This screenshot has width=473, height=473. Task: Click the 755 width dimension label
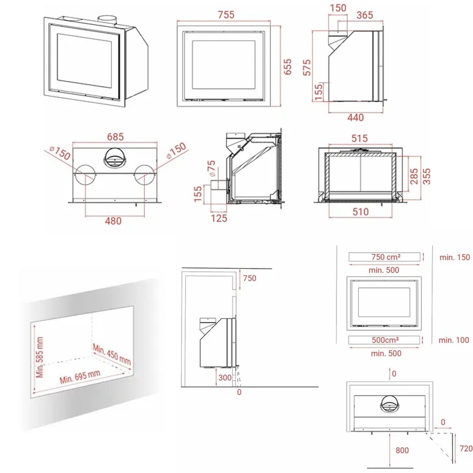point(226,15)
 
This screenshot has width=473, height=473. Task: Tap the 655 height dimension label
point(287,67)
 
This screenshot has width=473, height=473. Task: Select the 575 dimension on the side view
point(307,67)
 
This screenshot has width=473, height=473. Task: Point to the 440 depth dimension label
point(355,118)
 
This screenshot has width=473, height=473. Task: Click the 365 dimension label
point(365,15)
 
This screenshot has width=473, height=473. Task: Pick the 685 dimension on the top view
point(115,137)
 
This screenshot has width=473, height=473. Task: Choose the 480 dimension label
point(113,221)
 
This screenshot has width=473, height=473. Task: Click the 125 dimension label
point(219,218)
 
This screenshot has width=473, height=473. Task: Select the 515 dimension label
point(360,138)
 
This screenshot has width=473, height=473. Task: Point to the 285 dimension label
point(414,176)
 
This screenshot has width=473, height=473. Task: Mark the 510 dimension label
point(361,212)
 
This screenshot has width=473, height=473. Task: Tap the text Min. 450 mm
point(112,354)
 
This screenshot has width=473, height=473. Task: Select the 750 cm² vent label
point(386,257)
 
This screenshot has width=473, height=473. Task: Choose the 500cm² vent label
point(385,340)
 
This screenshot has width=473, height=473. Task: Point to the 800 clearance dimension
point(402,450)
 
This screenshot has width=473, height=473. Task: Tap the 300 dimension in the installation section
point(225,377)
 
